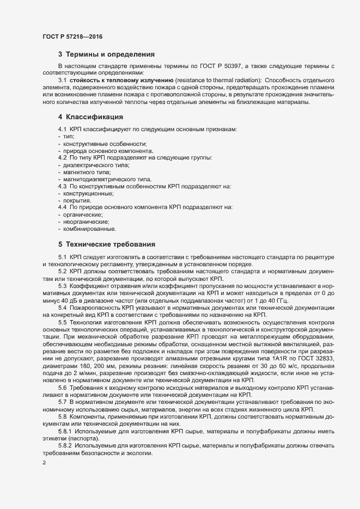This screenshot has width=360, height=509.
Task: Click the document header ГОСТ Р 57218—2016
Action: [72, 36]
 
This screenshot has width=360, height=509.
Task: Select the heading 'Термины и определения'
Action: [111, 54]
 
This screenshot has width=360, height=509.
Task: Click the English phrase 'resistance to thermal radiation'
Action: [218, 81]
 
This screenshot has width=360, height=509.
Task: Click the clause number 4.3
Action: [62, 186]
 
